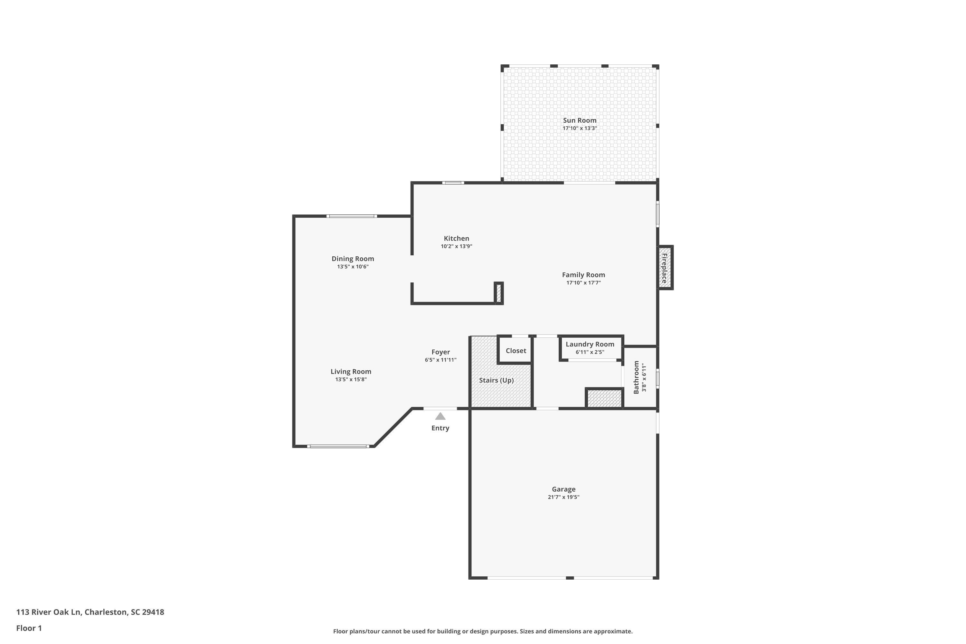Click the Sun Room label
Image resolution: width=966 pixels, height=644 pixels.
[580, 120]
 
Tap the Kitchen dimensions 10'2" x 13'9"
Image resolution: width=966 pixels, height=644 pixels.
[456, 246]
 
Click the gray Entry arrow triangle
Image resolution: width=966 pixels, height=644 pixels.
[440, 416]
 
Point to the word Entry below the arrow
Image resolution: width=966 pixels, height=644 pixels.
[440, 428]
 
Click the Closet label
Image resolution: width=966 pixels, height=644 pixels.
[516, 351]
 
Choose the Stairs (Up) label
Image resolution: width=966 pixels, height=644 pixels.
[496, 380]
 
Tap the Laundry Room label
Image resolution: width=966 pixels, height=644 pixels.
[590, 344]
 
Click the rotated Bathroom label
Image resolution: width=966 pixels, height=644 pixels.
[636, 377]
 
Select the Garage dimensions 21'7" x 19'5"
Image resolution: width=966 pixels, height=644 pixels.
[563, 497]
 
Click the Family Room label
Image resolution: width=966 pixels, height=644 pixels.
[583, 275]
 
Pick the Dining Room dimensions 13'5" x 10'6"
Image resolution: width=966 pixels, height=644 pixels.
[353, 267]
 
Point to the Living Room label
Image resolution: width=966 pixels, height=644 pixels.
[351, 371]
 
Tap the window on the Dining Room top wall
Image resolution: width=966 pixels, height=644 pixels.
[352, 216]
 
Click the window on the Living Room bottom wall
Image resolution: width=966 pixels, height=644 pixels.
[338, 446]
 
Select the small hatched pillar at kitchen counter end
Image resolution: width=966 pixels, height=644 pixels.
[498, 293]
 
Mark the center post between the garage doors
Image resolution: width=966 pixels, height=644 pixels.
[570, 578]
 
